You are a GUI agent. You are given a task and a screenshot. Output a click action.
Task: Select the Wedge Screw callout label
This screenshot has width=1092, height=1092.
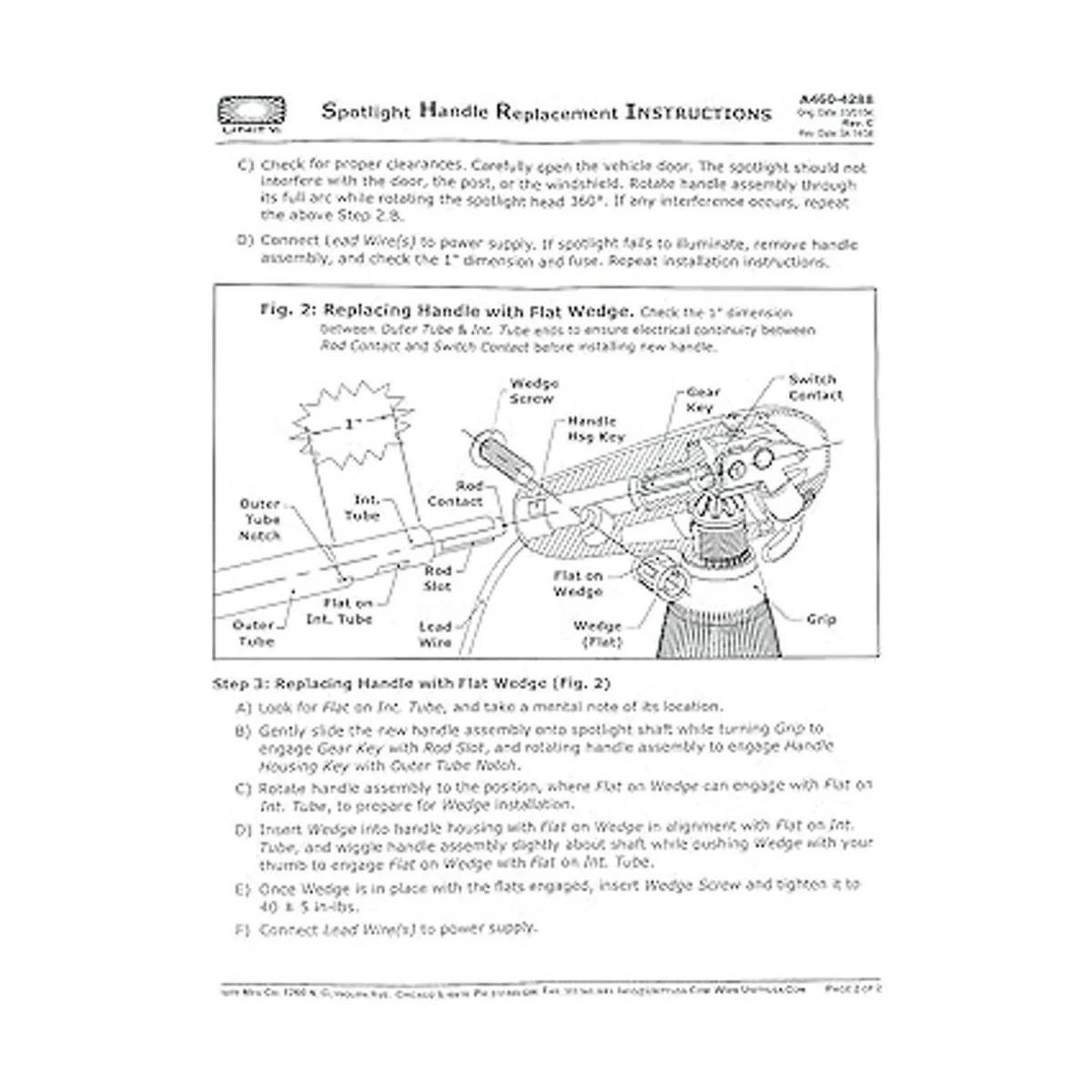pyautogui.click(x=534, y=391)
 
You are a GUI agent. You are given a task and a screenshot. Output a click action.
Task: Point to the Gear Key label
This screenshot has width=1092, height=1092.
pyautogui.click(x=703, y=399)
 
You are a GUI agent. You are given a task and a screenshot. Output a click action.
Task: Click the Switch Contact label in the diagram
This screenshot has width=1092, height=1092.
pyautogui.click(x=814, y=387)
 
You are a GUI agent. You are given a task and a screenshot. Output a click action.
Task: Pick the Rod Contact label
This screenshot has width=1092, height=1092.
pyautogui.click(x=455, y=494)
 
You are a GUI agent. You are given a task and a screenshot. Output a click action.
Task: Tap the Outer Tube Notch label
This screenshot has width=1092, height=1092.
pyautogui.click(x=260, y=520)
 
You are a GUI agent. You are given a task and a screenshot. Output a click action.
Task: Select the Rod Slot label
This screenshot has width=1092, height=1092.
pyautogui.click(x=438, y=579)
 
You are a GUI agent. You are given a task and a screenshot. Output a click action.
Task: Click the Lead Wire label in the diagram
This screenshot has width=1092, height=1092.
pyautogui.click(x=435, y=634)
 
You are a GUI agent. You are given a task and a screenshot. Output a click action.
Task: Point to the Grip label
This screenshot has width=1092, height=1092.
pyautogui.click(x=821, y=620)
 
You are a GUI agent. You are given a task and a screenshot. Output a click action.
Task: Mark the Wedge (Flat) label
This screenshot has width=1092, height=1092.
pyautogui.click(x=598, y=634)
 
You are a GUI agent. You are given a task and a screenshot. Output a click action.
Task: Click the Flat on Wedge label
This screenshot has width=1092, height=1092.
pyautogui.click(x=578, y=584)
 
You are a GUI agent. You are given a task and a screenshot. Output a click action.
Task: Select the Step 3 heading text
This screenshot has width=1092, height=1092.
pyautogui.click(x=410, y=682)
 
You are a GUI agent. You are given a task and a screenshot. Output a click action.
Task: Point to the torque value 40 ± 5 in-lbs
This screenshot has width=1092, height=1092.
pyautogui.click(x=297, y=907)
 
